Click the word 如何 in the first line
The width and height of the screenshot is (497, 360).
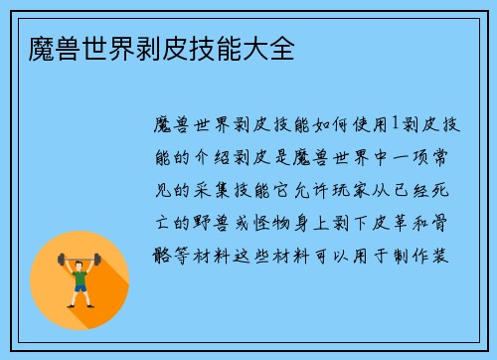click(x=356, y=124)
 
